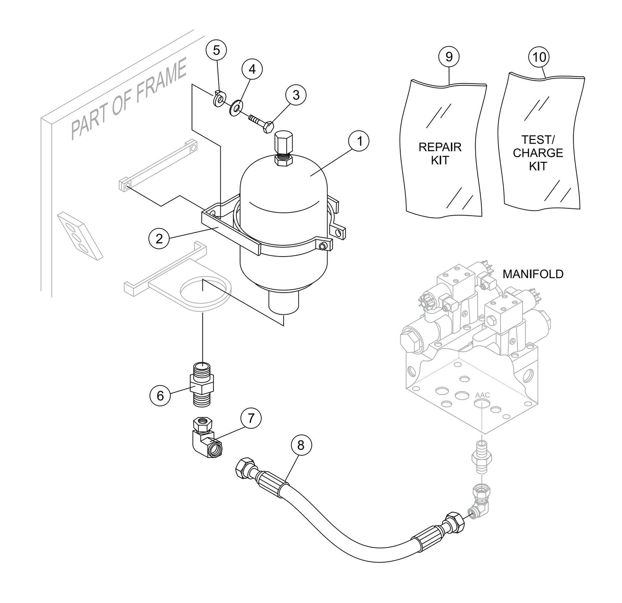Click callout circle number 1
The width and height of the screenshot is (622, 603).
pos(359,142)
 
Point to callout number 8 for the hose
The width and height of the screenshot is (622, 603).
pos(300,445)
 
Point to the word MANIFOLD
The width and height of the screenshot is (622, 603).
pos(532,274)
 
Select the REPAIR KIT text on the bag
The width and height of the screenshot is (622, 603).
pos(439,154)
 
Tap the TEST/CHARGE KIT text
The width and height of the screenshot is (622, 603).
pos(538,153)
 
